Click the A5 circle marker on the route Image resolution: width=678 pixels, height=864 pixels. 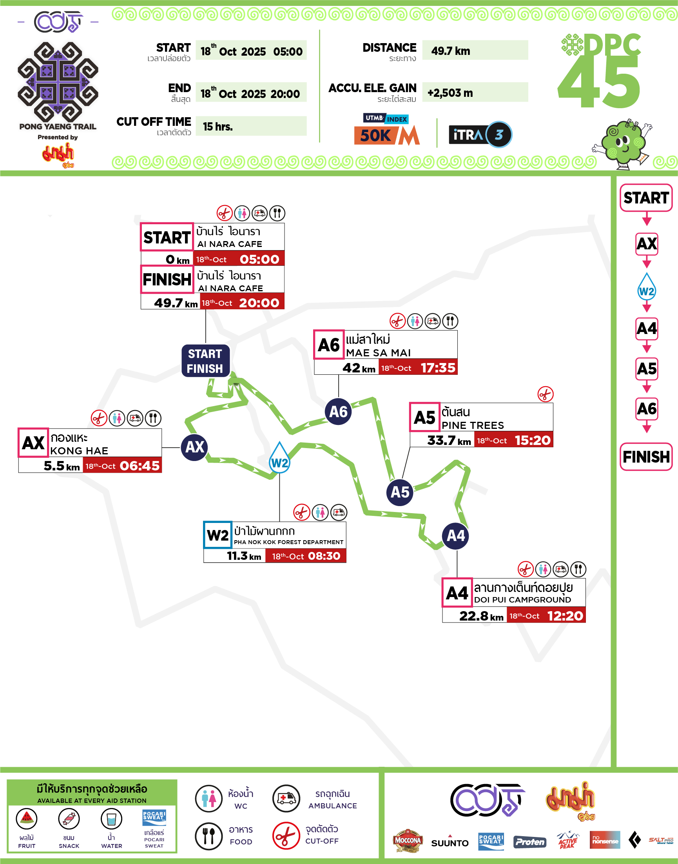tap(400, 492)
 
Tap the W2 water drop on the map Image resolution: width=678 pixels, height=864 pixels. tap(279, 459)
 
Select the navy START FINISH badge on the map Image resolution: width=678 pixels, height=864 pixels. tap(205, 361)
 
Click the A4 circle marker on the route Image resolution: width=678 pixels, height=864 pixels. tap(456, 536)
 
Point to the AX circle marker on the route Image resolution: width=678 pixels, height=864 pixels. tap(194, 447)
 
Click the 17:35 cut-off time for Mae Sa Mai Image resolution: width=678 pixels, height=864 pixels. tap(438, 368)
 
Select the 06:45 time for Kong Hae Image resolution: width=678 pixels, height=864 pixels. tap(140, 466)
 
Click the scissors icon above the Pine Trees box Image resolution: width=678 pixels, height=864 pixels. tap(546, 394)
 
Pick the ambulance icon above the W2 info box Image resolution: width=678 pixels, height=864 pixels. tap(339, 512)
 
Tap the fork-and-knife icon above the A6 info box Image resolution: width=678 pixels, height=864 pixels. tap(450, 321)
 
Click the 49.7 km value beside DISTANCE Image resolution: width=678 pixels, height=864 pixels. tap(451, 51)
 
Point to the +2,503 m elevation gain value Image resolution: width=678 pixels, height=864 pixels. tap(450, 93)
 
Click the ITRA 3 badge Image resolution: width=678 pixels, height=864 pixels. tap(480, 134)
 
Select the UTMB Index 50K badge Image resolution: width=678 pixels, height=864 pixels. tap(387, 130)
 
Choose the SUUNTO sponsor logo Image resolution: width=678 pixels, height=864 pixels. tap(450, 842)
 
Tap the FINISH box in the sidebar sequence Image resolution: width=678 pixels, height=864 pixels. tap(646, 457)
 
